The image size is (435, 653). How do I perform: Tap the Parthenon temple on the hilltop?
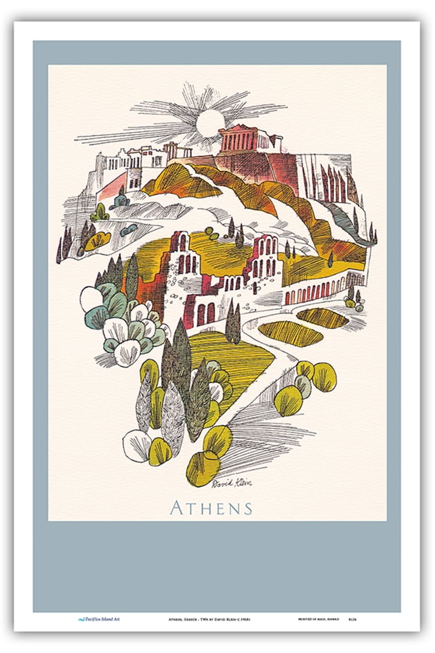coord(245,139)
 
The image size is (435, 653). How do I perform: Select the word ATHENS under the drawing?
coord(211,507)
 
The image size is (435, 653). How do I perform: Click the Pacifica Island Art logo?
coord(97,620)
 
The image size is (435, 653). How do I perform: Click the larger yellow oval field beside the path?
coord(289,332)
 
